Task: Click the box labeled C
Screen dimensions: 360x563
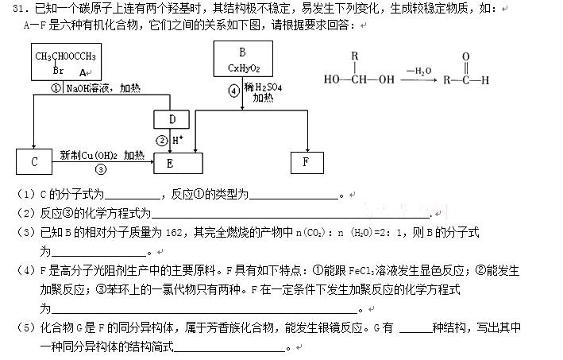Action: point(34,161)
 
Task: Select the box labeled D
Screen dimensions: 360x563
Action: point(172,119)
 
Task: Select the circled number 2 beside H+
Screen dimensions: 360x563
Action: point(162,141)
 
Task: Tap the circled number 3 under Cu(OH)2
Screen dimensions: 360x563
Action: point(101,168)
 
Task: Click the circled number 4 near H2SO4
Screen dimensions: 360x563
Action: point(233,90)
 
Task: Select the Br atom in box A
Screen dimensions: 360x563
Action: point(57,70)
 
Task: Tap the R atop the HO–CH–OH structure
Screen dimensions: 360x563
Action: point(356,56)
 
